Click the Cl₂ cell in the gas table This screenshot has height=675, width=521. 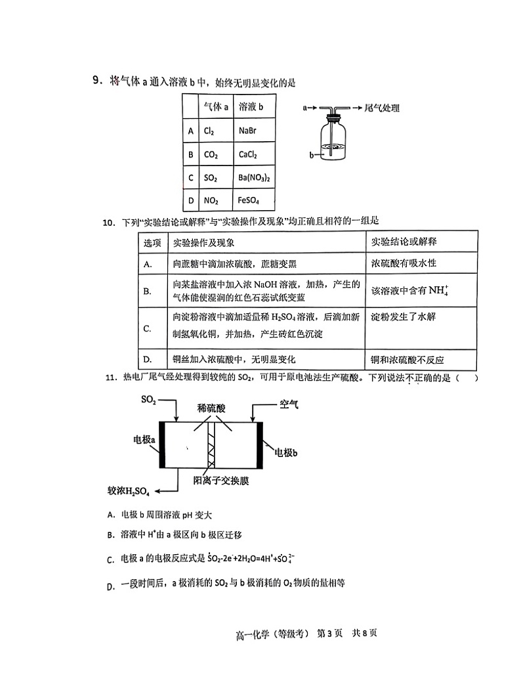click(x=210, y=131)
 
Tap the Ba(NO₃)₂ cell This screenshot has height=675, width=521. click(x=254, y=178)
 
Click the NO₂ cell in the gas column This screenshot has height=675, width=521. click(x=211, y=201)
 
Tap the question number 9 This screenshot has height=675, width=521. click(x=97, y=81)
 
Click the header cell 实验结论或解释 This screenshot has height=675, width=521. click(x=404, y=242)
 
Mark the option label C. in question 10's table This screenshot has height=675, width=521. click(x=148, y=328)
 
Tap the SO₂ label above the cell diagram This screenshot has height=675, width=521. click(x=148, y=399)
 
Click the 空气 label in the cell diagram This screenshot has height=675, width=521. click(x=289, y=403)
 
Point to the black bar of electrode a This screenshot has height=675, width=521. click(x=163, y=445)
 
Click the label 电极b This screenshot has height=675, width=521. click(x=286, y=452)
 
